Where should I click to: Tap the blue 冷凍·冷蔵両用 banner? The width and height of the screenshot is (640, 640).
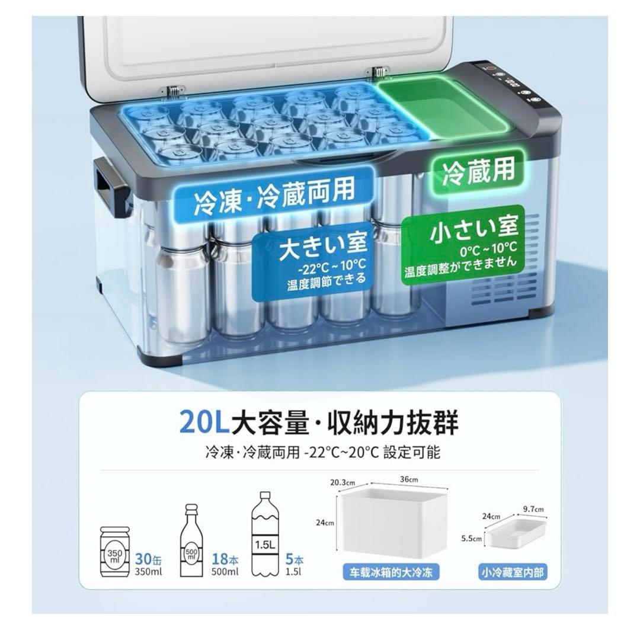(x=274, y=195)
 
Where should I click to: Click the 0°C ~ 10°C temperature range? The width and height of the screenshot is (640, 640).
(x=488, y=247)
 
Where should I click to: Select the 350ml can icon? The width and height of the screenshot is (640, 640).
(x=114, y=552)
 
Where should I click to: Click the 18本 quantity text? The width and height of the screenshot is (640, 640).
(x=225, y=559)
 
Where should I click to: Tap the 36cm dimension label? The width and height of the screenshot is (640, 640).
(x=409, y=479)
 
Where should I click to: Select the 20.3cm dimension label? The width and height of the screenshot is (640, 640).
(x=342, y=482)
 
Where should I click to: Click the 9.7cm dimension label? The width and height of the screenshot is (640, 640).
(x=533, y=508)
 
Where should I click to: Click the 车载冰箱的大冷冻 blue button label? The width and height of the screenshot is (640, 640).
(x=391, y=573)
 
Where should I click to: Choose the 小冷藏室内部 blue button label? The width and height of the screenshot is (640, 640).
(x=513, y=573)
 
